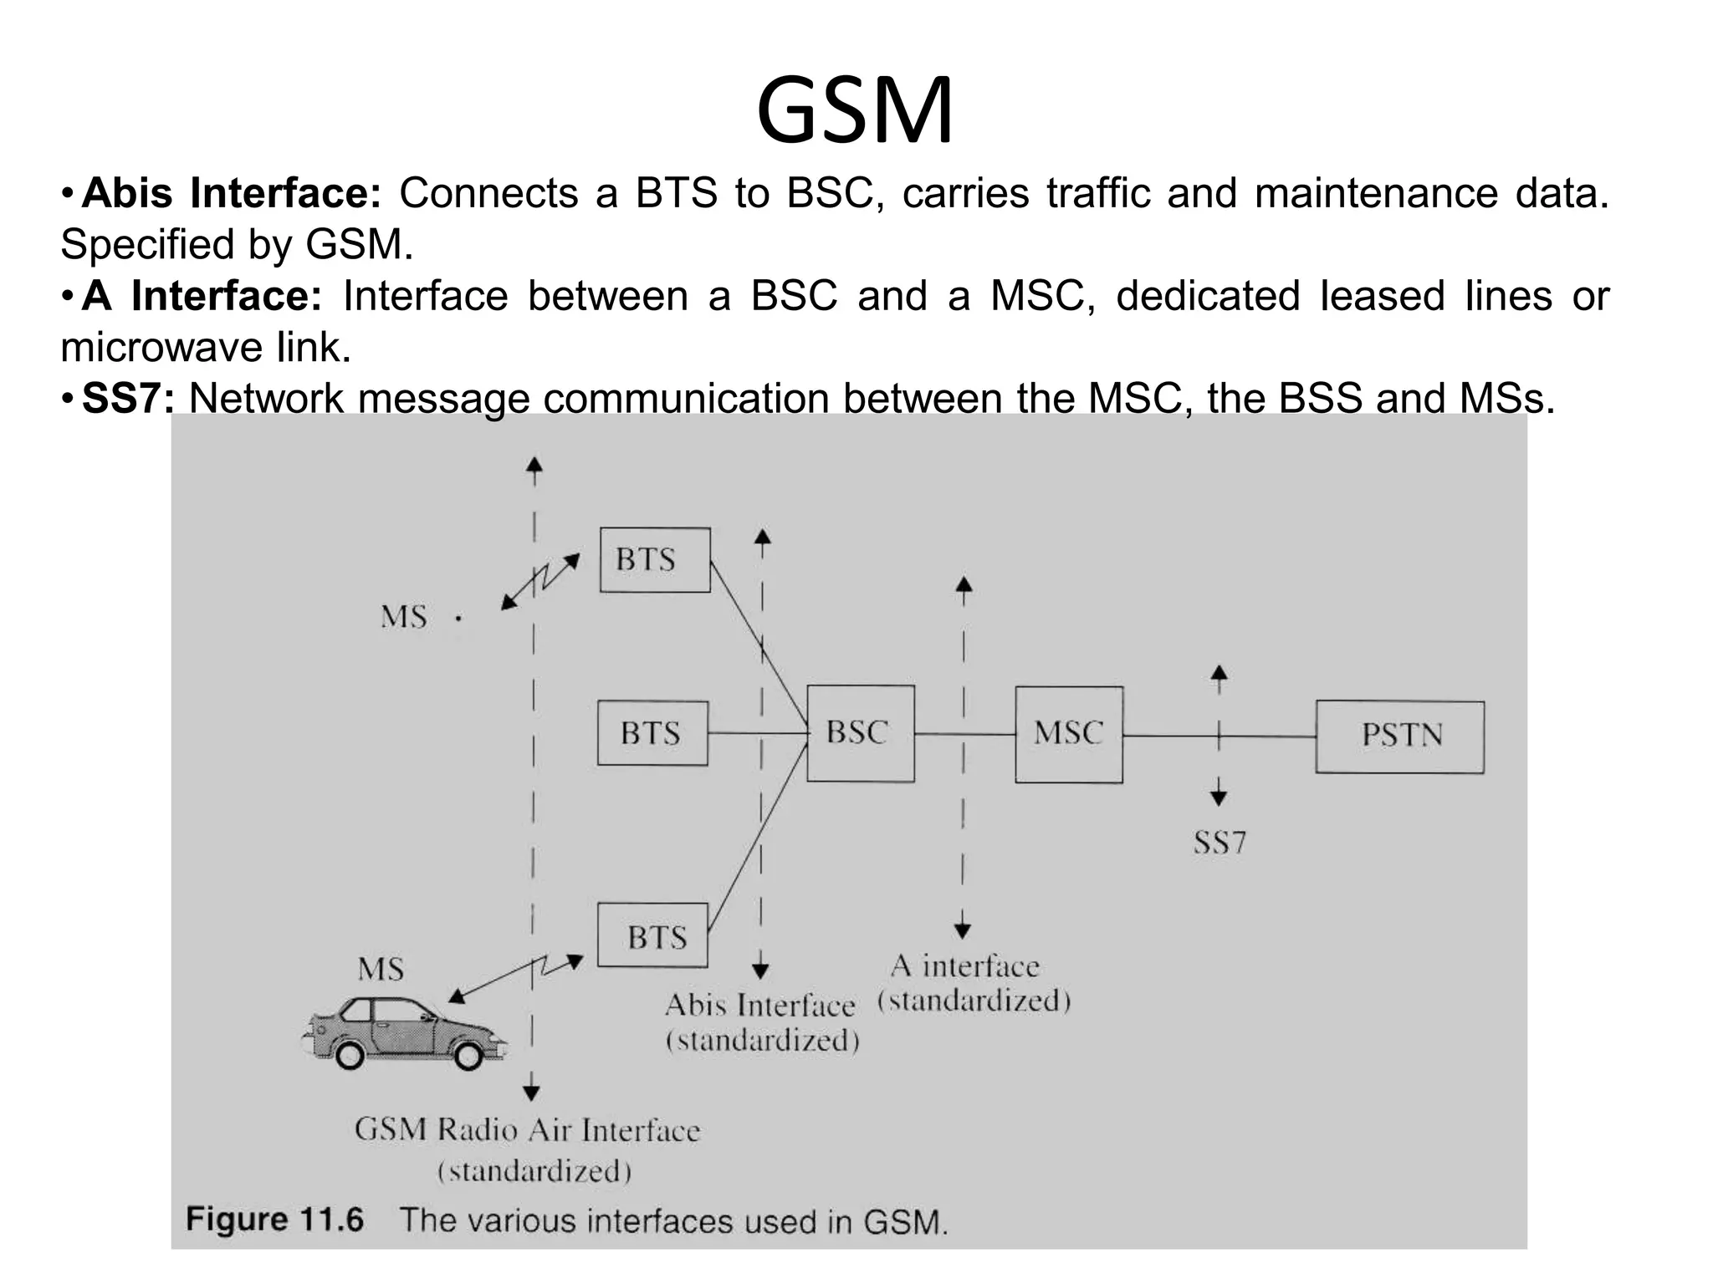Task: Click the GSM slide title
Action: [854, 111]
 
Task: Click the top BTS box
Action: [655, 559]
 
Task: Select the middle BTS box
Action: [652, 733]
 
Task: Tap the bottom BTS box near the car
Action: [653, 936]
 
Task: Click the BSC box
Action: [860, 733]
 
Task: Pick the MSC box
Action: [1068, 734]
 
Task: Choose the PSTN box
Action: [1399, 736]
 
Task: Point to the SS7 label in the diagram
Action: [1219, 842]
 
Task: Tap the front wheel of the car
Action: [468, 1055]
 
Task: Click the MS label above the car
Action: [381, 969]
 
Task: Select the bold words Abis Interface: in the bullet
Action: [232, 194]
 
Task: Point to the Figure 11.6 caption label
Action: [274, 1220]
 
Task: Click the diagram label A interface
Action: [964, 966]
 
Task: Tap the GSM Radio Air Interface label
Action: [527, 1130]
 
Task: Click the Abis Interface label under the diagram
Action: [759, 1006]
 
